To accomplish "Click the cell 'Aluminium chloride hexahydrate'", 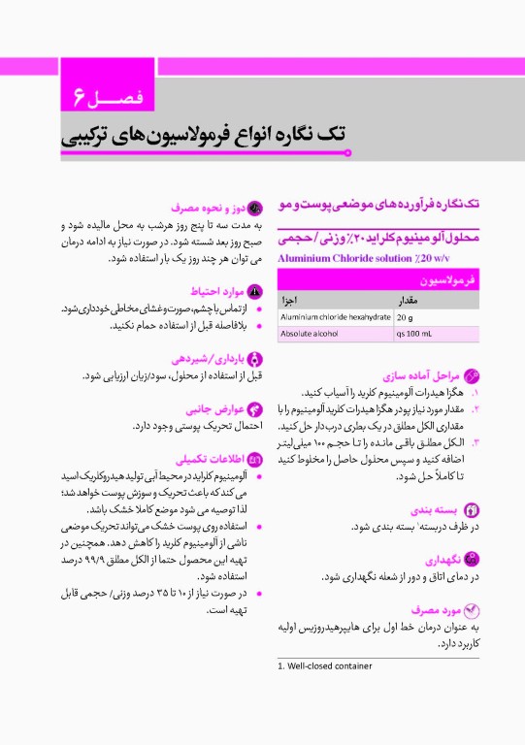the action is click(335, 316).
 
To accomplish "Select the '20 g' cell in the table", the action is click(406, 316).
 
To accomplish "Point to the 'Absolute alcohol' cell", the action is click(309, 334).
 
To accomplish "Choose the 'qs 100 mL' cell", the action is click(415, 334).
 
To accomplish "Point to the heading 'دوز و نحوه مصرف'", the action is click(206, 207).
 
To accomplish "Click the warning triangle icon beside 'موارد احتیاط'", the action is click(255, 291).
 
